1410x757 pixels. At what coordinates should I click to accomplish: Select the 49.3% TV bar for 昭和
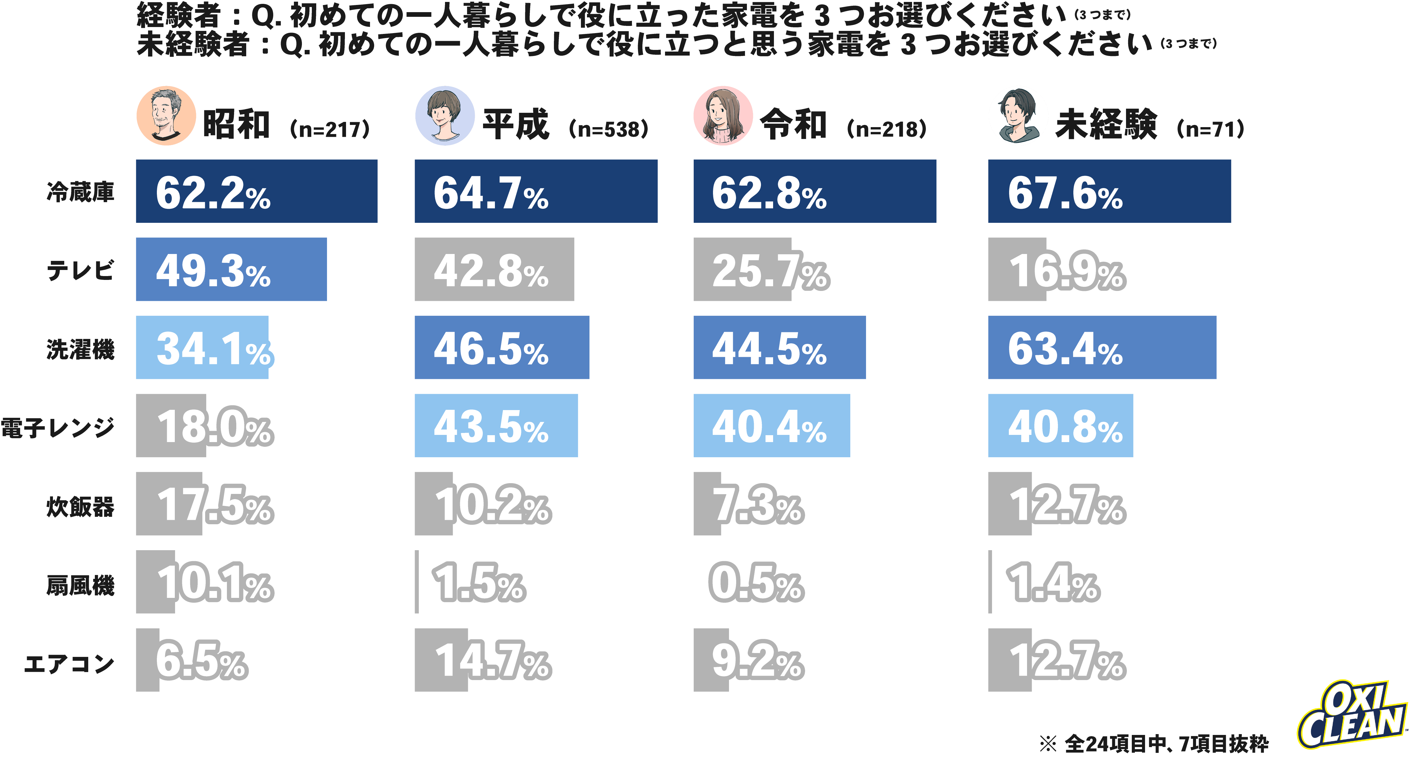click(x=231, y=269)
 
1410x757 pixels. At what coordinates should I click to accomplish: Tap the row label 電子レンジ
click(x=57, y=427)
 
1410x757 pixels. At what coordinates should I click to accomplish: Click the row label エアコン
click(x=69, y=664)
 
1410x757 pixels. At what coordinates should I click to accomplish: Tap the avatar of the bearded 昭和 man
click(x=166, y=116)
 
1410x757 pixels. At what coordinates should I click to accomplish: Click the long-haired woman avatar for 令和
click(x=723, y=116)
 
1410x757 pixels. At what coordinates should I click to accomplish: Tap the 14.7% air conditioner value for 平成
click(x=493, y=661)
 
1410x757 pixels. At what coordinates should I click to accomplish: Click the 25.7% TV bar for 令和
click(x=742, y=269)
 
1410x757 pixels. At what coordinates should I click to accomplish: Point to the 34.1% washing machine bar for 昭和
click(x=202, y=347)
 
